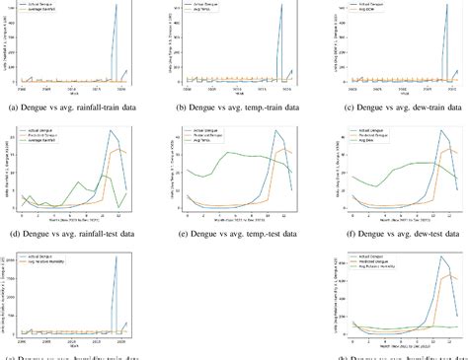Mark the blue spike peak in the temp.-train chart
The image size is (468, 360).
[x=278, y=6]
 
